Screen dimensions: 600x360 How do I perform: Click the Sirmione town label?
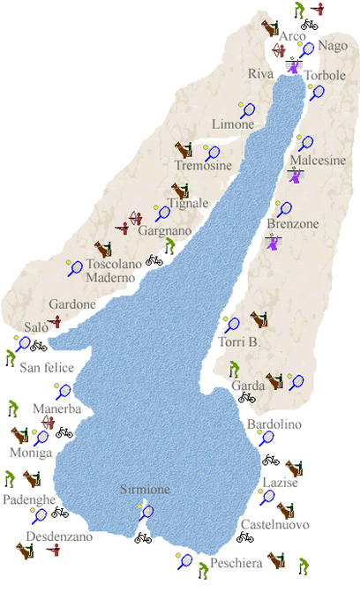[146, 490]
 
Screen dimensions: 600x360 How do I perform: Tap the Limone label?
[232, 124]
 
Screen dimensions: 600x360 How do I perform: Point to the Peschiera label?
[236, 563]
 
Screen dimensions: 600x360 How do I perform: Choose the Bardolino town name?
[274, 424]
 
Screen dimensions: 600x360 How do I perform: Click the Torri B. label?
[237, 341]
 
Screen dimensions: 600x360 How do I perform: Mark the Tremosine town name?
[203, 166]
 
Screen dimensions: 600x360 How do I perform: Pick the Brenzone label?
[292, 224]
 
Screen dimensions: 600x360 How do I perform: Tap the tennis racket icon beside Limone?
[248, 111]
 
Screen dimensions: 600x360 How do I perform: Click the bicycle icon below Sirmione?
[142, 536]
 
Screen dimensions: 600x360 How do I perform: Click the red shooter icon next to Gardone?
[55, 321]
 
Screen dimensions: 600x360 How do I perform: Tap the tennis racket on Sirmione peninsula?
[146, 512]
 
